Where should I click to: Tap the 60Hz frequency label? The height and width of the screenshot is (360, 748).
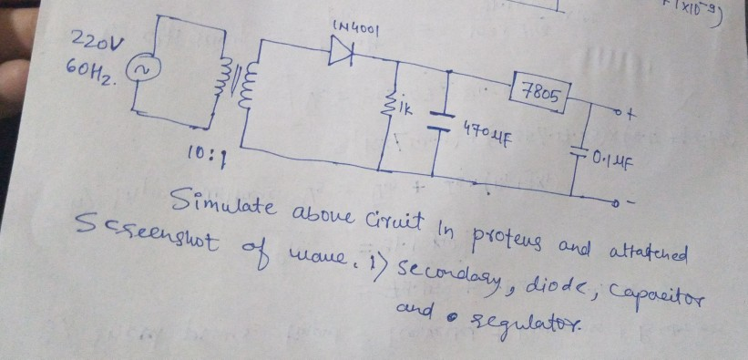click(x=90, y=69)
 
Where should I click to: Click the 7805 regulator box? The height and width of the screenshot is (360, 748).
click(x=542, y=91)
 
